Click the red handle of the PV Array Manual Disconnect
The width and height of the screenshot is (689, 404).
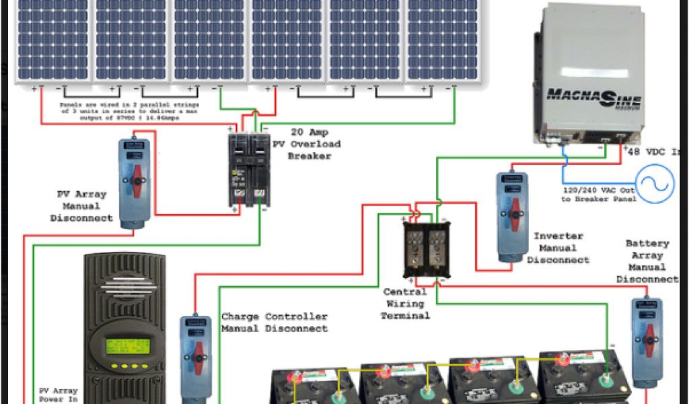click(134, 182)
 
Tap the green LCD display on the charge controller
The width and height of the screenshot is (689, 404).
click(127, 347)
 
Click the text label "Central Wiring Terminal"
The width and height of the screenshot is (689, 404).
click(405, 304)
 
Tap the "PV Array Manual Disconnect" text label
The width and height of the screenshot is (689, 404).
click(81, 206)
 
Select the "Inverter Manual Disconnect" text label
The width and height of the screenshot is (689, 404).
click(558, 248)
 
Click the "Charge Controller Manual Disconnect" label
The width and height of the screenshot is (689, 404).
click(275, 323)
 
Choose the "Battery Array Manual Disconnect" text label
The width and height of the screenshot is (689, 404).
click(647, 261)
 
